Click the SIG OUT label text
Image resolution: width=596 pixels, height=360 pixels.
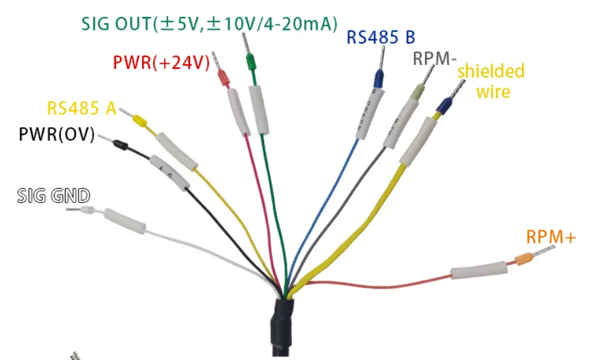[x=209, y=24]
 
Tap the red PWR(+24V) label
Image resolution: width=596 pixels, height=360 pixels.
[x=160, y=63]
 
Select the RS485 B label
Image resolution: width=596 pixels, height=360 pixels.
[x=381, y=36]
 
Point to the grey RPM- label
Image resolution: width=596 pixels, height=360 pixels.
[x=435, y=58]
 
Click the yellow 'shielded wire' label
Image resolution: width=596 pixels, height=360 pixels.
[x=492, y=81]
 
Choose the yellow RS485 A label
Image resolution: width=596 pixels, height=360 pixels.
[x=81, y=108]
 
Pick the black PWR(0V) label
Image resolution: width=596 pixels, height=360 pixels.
[x=56, y=135]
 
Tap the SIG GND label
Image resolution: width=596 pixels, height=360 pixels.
[x=54, y=195]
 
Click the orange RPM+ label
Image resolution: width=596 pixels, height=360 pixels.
[x=551, y=237]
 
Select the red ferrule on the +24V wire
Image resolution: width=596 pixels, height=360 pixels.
[x=223, y=78]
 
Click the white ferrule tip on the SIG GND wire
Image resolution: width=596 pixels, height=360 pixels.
[x=87, y=211]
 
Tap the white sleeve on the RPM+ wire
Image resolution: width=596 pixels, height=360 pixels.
[x=479, y=270]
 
